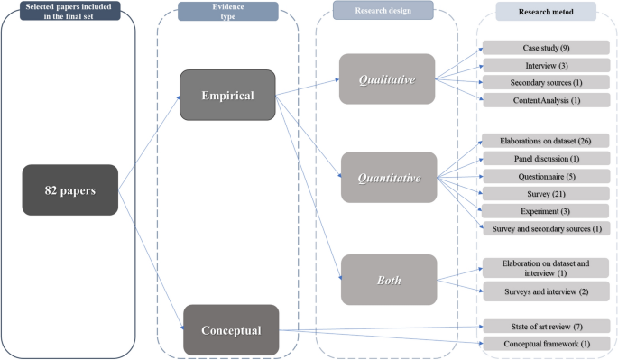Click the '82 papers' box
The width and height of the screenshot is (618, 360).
70,190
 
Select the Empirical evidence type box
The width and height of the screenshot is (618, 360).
226,95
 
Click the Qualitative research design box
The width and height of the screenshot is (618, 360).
387,78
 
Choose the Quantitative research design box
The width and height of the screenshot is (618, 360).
387,177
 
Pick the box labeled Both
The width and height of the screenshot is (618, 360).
387,280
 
